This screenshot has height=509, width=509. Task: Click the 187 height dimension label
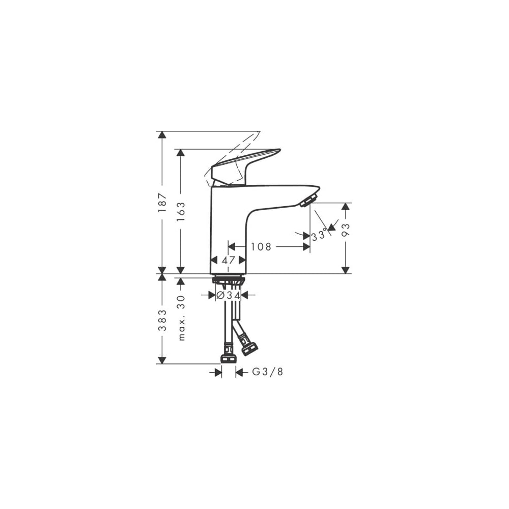tap(162, 203)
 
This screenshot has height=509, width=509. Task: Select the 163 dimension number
tap(181, 212)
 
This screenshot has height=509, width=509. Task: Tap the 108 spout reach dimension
tap(261, 247)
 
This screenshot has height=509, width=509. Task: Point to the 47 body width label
tap(228, 260)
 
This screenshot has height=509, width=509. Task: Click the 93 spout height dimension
tap(346, 230)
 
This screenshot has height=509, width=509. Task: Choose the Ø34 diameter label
tap(228, 295)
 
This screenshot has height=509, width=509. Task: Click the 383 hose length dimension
tap(162, 320)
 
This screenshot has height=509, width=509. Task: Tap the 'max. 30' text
tap(181, 318)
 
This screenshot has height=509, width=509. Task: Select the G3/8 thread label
tap(268, 372)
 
